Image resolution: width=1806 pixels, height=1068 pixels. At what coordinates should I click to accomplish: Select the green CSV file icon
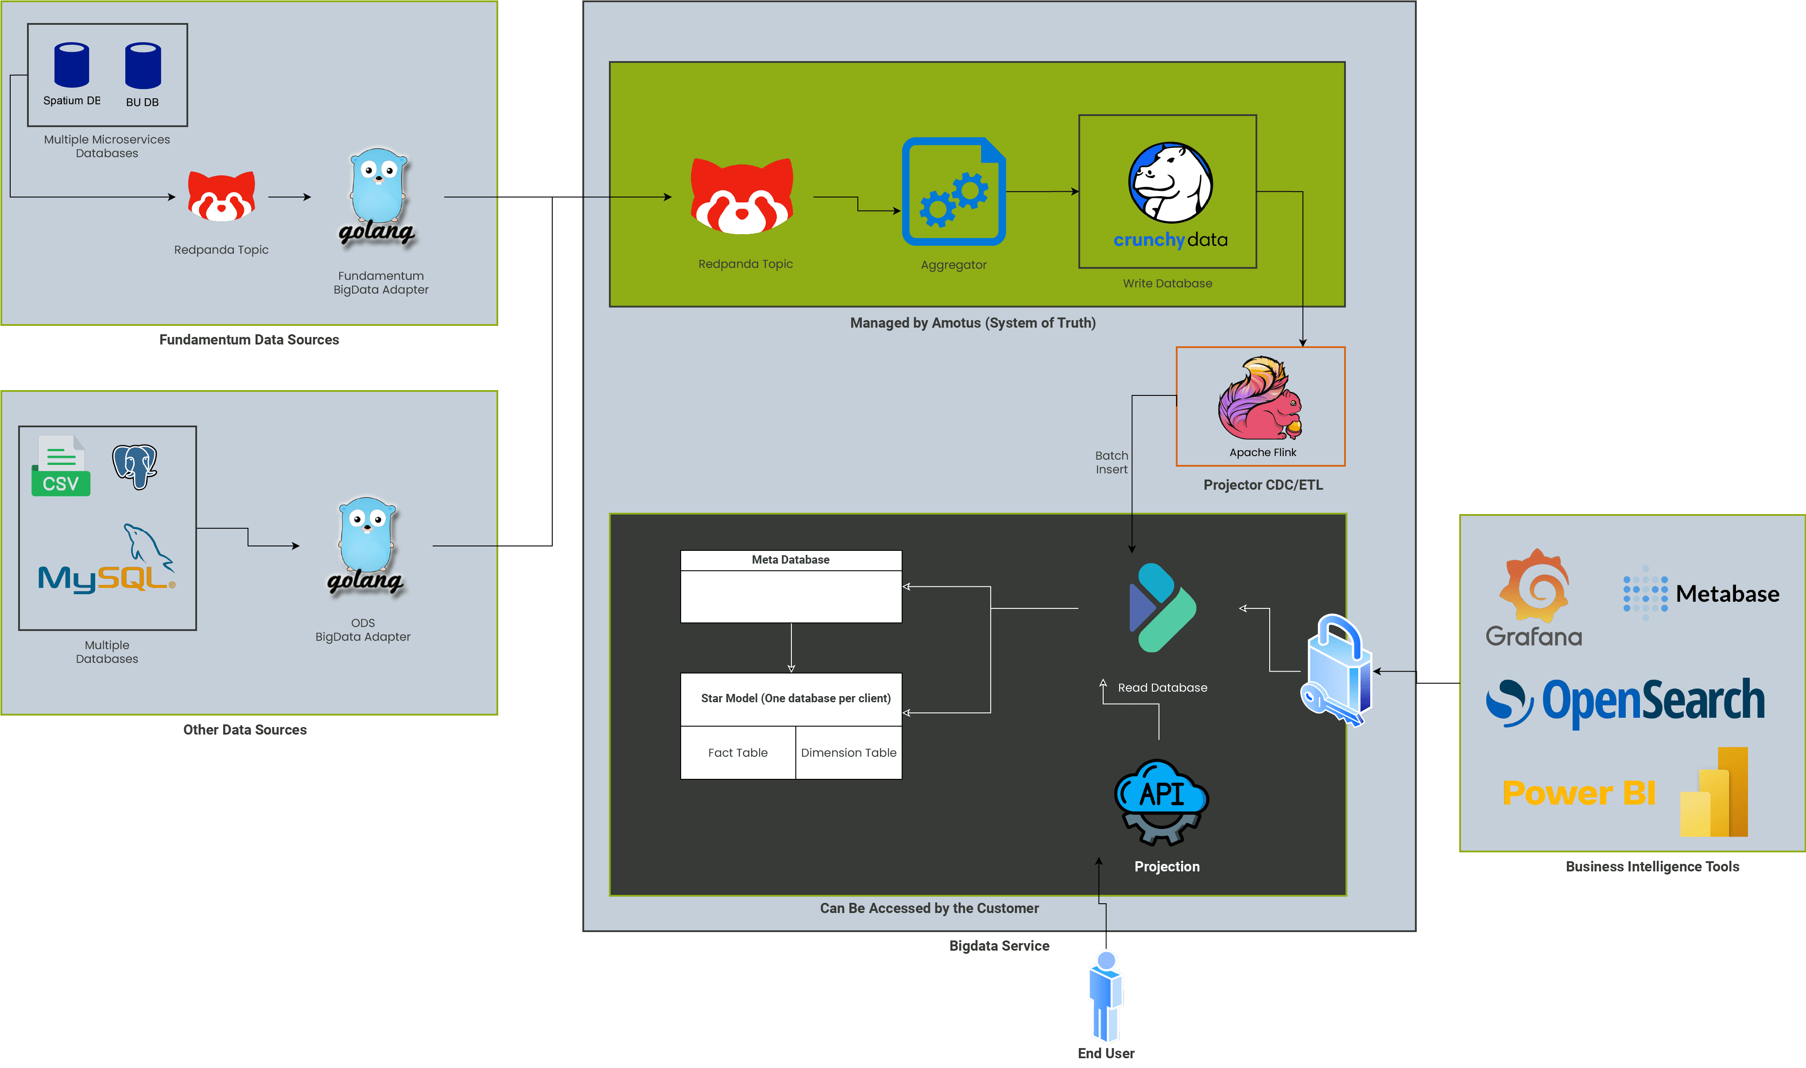[x=61, y=466]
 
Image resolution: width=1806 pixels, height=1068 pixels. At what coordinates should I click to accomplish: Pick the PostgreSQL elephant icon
[x=135, y=466]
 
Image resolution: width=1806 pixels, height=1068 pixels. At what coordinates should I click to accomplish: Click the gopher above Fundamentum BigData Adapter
[x=378, y=197]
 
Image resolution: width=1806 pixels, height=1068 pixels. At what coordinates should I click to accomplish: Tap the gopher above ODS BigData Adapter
[x=366, y=546]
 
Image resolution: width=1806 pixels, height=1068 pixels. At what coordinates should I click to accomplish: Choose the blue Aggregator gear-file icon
[x=954, y=191]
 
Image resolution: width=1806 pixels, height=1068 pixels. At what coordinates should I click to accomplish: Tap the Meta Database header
[x=791, y=560]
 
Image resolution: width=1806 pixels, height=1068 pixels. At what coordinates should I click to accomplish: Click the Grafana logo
[x=1534, y=597]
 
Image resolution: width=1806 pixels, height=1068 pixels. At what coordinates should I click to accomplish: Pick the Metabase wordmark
[x=1728, y=594]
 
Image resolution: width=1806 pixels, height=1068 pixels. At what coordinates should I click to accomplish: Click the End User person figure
[x=1106, y=997]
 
